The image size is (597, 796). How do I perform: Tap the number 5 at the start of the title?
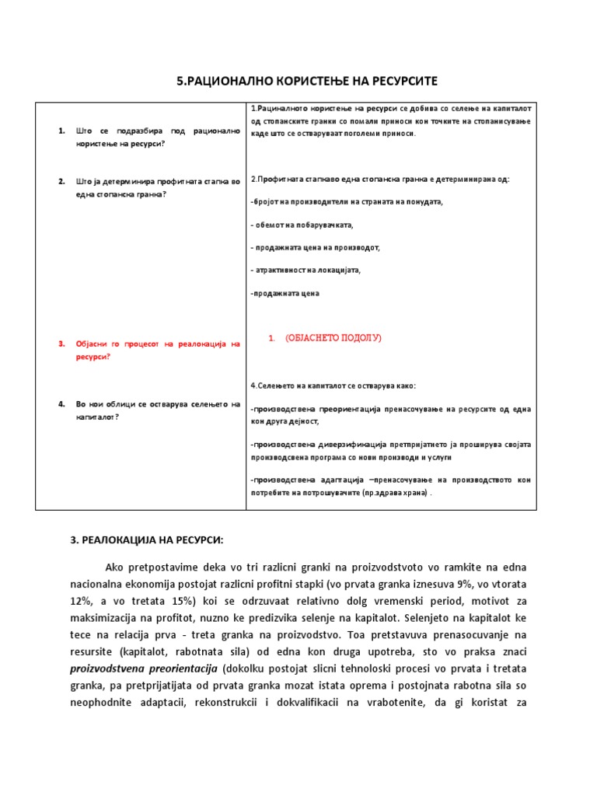[x=180, y=82]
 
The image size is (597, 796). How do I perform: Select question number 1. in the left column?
[x=61, y=131]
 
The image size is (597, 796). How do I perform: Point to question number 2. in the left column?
[x=61, y=181]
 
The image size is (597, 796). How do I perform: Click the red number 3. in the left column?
[x=61, y=344]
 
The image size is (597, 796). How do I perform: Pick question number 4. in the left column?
[x=61, y=403]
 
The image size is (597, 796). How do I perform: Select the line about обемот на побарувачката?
[x=302, y=225]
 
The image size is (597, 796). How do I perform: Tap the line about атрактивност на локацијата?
[x=306, y=271]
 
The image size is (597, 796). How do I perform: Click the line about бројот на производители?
[x=346, y=202]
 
